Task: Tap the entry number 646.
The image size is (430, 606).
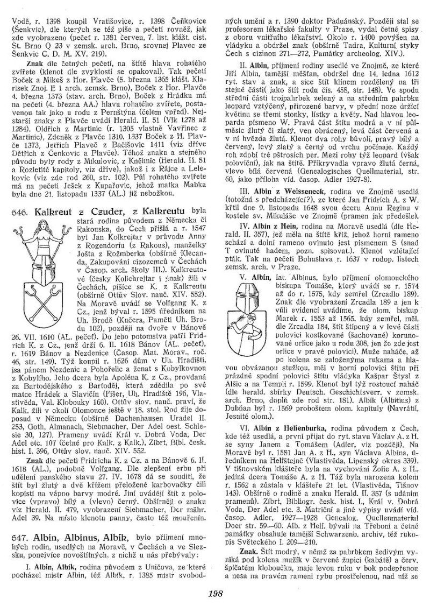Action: click(19, 197)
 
